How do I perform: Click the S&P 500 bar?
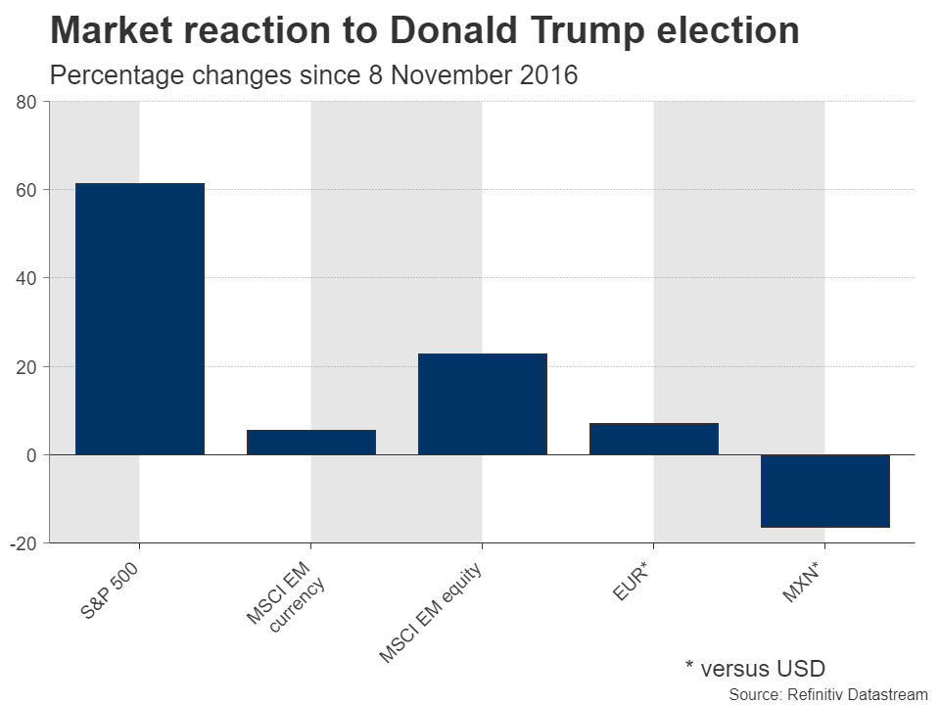tap(139, 318)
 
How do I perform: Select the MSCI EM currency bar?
tap(310, 443)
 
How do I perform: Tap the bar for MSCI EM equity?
tap(482, 403)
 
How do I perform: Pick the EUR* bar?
tap(653, 439)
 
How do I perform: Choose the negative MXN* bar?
tap(824, 491)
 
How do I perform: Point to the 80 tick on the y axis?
tap(26, 102)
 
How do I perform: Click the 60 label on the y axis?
tap(26, 190)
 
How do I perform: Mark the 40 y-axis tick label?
tap(26, 278)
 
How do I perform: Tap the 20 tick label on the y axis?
tap(26, 366)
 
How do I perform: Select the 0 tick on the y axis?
tap(31, 455)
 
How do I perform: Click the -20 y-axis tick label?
tap(23, 543)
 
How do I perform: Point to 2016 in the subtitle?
tap(548, 75)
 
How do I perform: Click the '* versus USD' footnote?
tap(755, 669)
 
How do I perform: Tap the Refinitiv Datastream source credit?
tap(827, 694)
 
